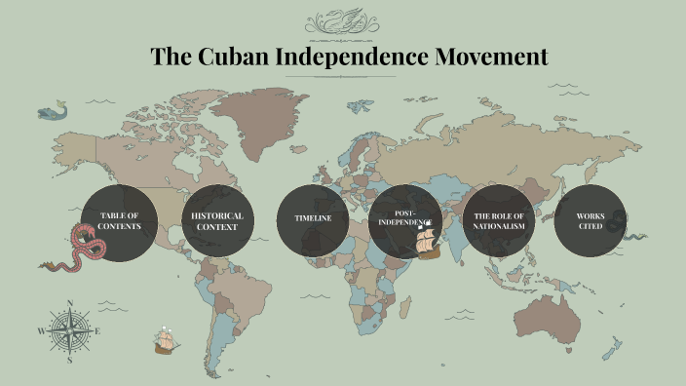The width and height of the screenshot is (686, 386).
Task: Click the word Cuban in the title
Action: tap(233, 57)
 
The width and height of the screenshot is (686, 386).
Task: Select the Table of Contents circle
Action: tap(119, 220)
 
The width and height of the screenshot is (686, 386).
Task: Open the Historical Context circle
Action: tap(217, 220)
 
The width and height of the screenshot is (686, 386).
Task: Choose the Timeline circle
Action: tap(313, 220)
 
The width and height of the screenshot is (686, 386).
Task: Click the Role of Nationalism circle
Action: tap(499, 220)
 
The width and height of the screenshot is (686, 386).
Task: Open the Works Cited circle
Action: tap(591, 220)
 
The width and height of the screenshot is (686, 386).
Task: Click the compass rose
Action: tap(69, 330)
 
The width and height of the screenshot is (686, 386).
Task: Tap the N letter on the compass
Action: tap(69, 302)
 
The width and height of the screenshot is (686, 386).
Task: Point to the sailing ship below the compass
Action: tap(167, 340)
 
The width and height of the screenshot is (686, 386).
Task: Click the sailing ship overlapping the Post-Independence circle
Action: tap(428, 244)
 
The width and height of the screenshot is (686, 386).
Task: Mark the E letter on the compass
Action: tap(98, 331)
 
